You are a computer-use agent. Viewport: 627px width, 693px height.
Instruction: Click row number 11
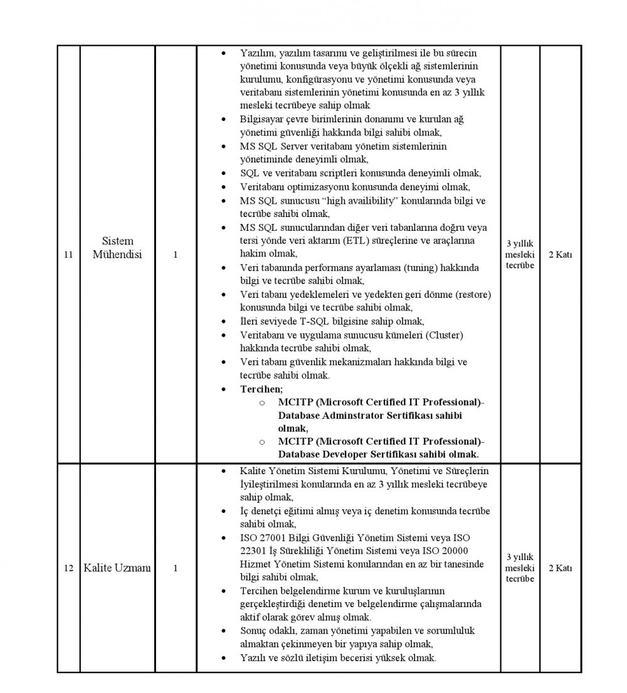click(x=68, y=255)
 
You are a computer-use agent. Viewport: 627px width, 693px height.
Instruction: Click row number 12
click(x=68, y=568)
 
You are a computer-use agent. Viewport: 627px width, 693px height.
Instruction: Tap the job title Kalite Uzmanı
click(x=117, y=568)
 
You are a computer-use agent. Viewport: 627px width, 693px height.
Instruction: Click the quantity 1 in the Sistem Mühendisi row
click(x=176, y=255)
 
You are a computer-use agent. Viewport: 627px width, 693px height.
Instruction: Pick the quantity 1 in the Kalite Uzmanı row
click(x=176, y=568)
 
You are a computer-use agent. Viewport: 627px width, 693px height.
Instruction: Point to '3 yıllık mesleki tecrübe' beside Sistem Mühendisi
click(x=520, y=255)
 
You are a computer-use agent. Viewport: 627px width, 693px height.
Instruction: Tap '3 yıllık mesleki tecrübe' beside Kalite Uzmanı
click(x=520, y=568)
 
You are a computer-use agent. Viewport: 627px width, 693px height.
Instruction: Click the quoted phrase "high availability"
click(x=354, y=201)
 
